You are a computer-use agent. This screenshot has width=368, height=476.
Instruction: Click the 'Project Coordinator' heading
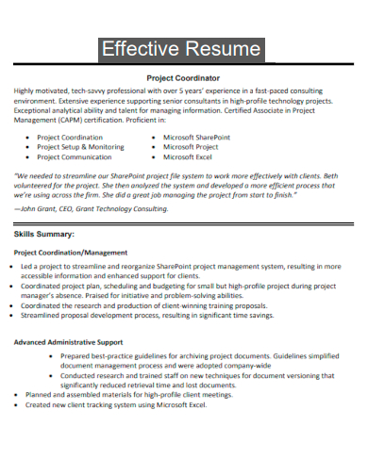pos(183,78)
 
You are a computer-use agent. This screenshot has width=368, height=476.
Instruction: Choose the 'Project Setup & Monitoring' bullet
pos(80,147)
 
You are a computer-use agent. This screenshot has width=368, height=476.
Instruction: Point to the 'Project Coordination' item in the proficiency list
pos(71,137)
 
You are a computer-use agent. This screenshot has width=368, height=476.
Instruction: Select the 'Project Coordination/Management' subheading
pos(70,253)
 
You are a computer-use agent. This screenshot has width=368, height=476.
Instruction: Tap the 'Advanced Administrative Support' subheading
pos(68,341)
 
